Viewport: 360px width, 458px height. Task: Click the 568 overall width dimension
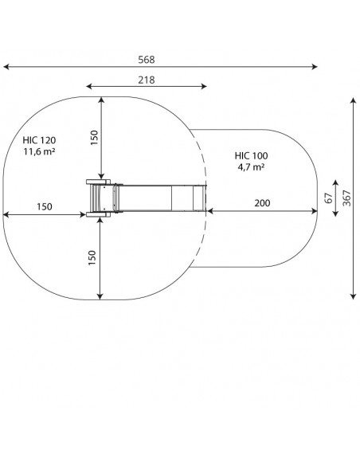pyautogui.click(x=147, y=60)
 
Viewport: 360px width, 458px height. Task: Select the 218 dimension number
pyautogui.click(x=147, y=80)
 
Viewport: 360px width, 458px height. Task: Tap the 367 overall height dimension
pyautogui.click(x=347, y=198)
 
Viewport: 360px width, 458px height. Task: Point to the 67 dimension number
pyautogui.click(x=329, y=198)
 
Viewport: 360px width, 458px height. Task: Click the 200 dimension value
pyautogui.click(x=262, y=203)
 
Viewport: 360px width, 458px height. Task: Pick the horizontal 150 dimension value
pyautogui.click(x=45, y=207)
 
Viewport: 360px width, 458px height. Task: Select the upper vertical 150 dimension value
pyautogui.click(x=94, y=138)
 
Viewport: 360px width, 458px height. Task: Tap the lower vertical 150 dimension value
pyautogui.click(x=92, y=257)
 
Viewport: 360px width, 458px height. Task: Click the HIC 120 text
pyautogui.click(x=39, y=140)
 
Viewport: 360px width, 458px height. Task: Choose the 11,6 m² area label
pyautogui.click(x=39, y=151)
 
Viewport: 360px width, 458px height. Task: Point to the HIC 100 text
pyautogui.click(x=251, y=155)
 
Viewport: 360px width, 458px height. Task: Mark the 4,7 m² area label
pyautogui.click(x=251, y=167)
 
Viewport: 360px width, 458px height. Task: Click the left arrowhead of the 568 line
pyautogui.click(x=6, y=67)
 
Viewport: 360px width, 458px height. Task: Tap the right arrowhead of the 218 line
pyautogui.click(x=204, y=86)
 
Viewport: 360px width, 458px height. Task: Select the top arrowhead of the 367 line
pyautogui.click(x=354, y=101)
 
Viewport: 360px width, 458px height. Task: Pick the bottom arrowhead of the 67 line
pyautogui.click(x=335, y=213)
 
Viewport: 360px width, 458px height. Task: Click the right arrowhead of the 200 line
pyautogui.click(x=315, y=211)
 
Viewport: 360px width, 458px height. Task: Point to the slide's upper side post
pyautogui.click(x=98, y=182)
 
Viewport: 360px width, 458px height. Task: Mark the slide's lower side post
pyautogui.click(x=98, y=215)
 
